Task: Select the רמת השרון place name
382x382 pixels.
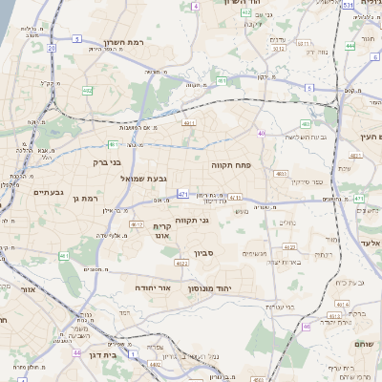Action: pyautogui.click(x=123, y=43)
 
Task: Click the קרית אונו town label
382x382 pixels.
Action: pyautogui.click(x=160, y=230)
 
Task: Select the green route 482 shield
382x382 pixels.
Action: pyautogui.click(x=87, y=91)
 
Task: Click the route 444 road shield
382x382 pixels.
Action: pyautogui.click(x=351, y=45)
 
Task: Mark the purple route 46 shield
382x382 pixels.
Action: pyautogui.click(x=306, y=328)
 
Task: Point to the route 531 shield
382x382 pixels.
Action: pyautogui.click(x=349, y=5)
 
